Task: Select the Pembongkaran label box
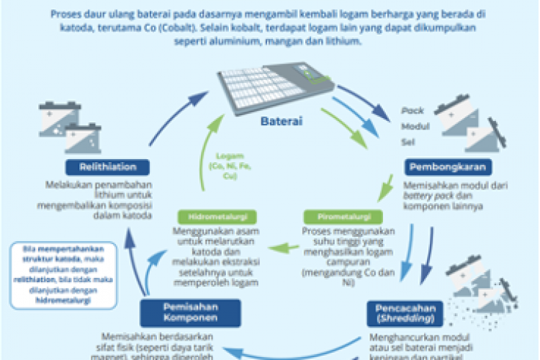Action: (447, 168)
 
